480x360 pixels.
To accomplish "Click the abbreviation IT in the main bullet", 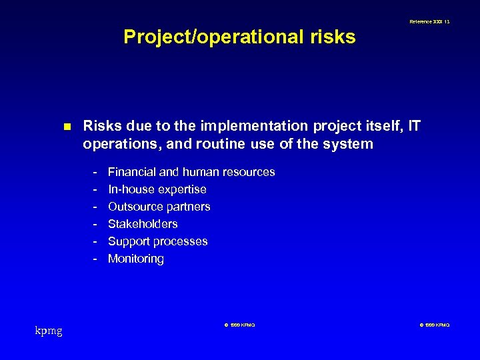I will coord(413,126).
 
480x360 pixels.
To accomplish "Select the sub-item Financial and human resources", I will coord(191,172).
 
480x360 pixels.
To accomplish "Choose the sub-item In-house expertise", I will coord(157,189).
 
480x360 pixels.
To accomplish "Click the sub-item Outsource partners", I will coord(159,207).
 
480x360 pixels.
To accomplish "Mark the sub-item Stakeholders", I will coord(143,224).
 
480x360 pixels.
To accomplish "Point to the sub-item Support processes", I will coord(157,241).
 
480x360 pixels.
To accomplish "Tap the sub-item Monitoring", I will coord(135,259).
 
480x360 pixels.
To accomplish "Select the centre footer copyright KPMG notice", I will coord(239,325).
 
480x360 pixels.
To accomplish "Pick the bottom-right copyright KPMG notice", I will coord(435,325).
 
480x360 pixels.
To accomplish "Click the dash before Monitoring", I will coord(95,259).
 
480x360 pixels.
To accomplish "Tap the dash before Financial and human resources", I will coord(95,172).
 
